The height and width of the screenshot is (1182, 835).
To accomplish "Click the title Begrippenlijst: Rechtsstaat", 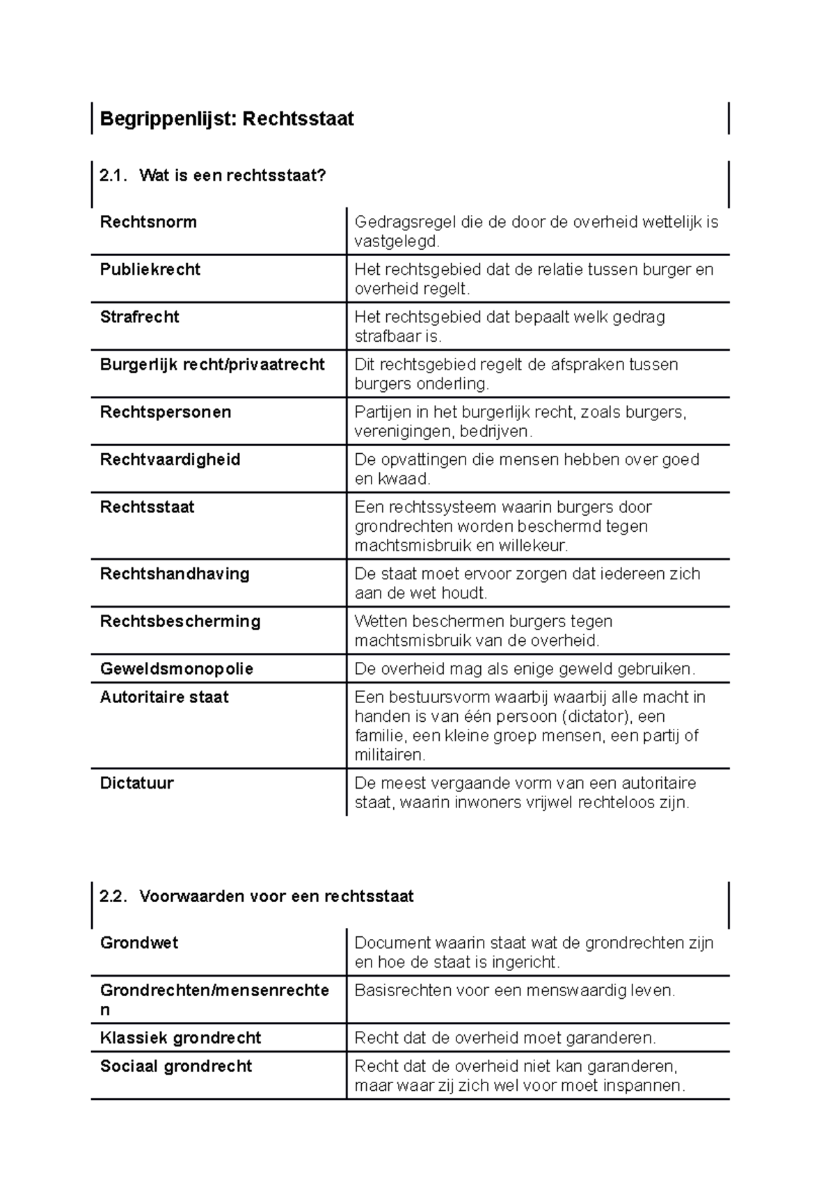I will point(227,119).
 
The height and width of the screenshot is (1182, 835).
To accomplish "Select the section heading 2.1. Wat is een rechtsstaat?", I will point(213,175).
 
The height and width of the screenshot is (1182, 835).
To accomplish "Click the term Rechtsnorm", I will point(148,222).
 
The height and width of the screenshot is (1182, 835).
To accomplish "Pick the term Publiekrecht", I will point(150,269).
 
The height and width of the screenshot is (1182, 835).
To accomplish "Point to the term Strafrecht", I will point(140,317).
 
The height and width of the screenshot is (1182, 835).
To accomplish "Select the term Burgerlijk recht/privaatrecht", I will point(212,364).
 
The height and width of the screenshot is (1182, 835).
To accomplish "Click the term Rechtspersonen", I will point(166,412).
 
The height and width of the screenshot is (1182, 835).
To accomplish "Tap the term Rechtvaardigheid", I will point(170,459).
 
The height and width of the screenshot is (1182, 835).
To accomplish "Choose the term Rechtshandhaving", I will point(175,574).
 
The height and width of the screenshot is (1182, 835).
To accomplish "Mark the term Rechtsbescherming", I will point(180,621).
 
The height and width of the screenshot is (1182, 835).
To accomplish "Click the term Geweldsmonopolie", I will point(177,669).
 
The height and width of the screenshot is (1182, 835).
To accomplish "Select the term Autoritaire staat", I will point(164,697).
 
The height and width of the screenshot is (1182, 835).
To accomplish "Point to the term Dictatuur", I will point(137,783).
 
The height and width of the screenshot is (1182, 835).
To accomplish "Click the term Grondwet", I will point(139,943).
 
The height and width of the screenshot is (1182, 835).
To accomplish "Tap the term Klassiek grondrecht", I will point(180,1038).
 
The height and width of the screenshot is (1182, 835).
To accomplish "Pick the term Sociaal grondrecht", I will point(176,1066).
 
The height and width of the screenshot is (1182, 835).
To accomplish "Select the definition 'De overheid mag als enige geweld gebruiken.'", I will point(525,669).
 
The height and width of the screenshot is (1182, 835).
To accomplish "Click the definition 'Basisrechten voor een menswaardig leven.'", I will point(515,991).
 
